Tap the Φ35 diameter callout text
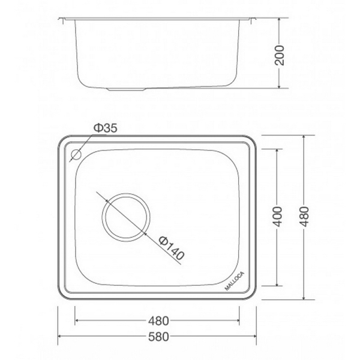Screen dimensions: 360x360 (x=104, y=128)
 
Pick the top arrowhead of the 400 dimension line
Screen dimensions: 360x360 (x=277, y=149)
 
